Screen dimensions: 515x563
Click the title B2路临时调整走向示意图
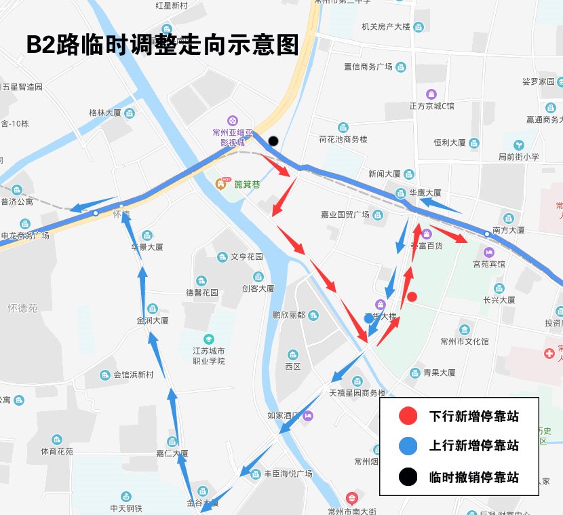point(162,45)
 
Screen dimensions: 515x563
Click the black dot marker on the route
point(273,141)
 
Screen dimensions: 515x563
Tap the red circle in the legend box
point(408,416)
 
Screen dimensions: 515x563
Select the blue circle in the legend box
point(408,446)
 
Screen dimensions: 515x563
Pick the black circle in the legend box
point(408,476)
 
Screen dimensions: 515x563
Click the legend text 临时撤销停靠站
point(474,477)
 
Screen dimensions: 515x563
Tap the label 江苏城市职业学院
point(208,356)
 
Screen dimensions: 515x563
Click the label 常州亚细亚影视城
point(232,137)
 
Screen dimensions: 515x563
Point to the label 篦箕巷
point(247,184)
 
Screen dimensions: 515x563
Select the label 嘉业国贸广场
point(345,215)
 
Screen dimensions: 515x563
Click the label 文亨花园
point(246,257)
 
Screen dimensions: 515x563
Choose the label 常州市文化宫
point(464,341)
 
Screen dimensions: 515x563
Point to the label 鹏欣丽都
point(288,316)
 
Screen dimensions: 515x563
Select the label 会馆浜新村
point(134,375)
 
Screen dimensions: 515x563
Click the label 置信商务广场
point(368,66)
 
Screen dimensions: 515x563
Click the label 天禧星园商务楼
point(357,393)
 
